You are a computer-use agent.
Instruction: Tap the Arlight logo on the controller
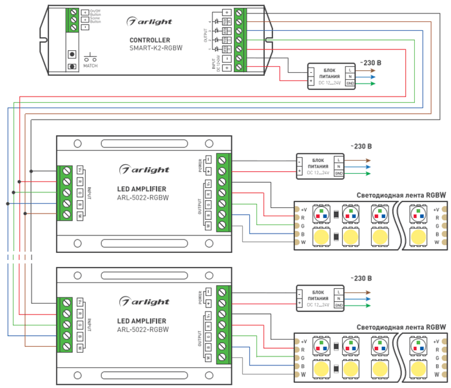pos(152,21)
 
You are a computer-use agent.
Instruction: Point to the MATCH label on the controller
pos(91,65)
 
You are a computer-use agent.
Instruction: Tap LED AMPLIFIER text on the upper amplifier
pos(142,189)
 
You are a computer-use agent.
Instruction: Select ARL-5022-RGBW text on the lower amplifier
pos(143,329)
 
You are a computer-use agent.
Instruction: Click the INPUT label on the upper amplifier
pos(89,192)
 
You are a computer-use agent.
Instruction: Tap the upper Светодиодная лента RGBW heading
pos(401,196)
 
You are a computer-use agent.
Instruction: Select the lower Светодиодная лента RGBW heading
pos(401,327)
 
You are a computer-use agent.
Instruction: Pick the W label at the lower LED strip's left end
pos(303,374)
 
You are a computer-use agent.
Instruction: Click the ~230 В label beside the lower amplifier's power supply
pos(360,278)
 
